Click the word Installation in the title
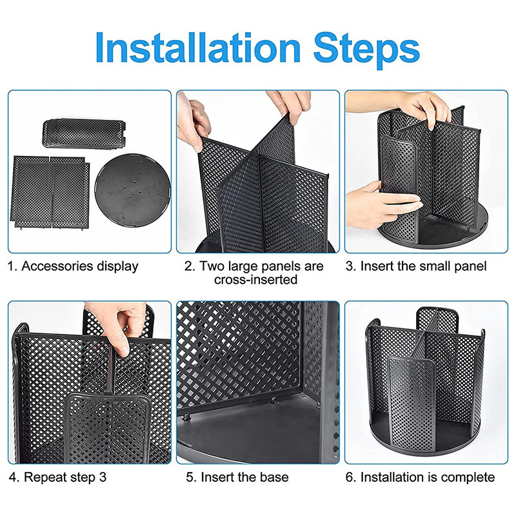198,47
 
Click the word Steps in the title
366,50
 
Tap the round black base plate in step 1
133,190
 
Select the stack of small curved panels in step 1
84,134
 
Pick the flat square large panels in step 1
50,192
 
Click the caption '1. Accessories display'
73,266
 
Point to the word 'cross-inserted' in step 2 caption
256,279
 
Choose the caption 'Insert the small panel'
423,266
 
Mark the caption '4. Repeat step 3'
57,477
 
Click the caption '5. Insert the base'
237,477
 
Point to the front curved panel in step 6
412,405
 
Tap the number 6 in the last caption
350,477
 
